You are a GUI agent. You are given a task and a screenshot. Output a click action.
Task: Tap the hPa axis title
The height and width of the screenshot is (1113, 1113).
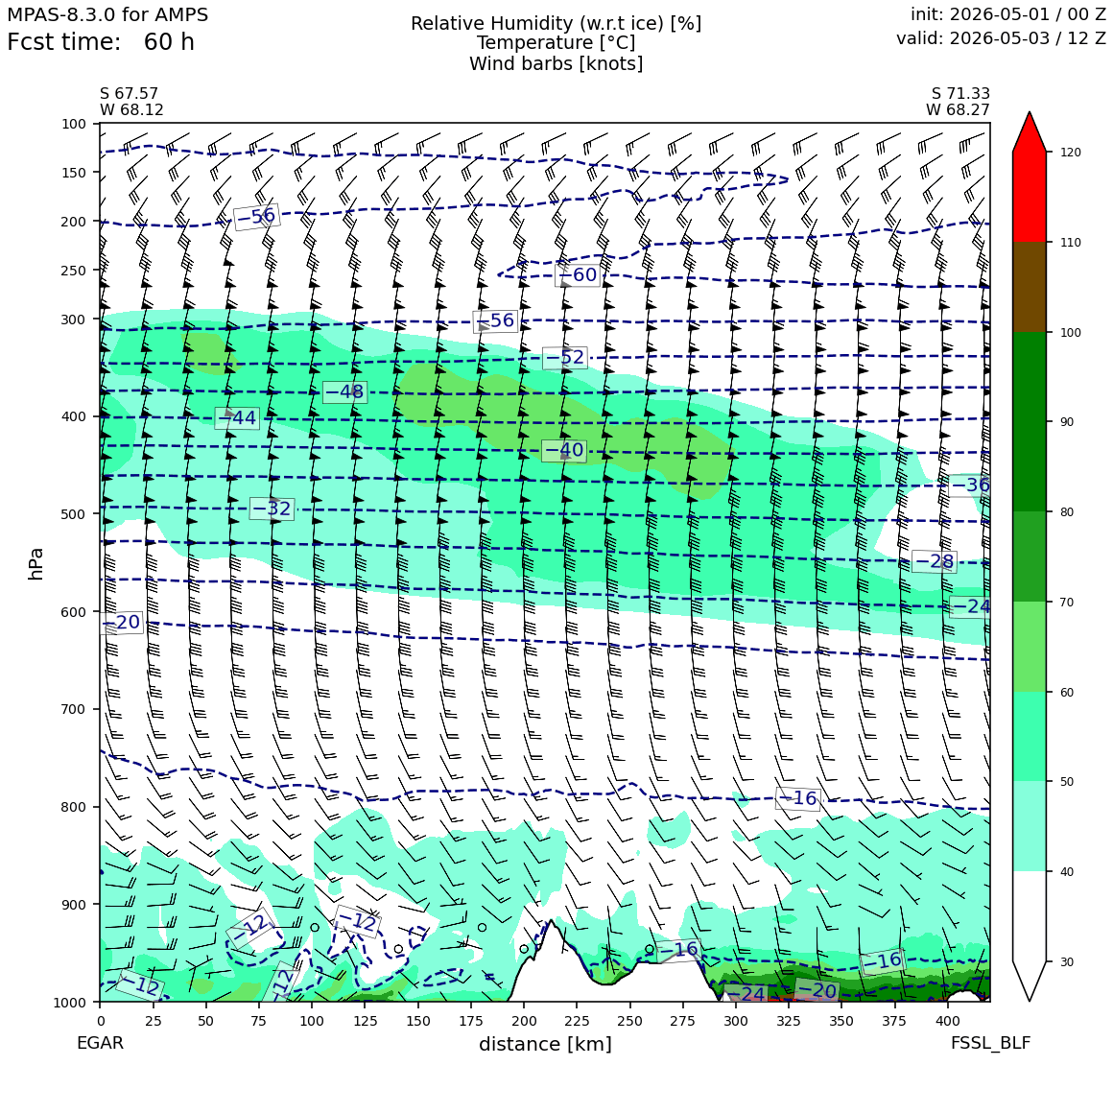pos(36,563)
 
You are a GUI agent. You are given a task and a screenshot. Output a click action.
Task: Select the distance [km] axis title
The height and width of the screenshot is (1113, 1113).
pos(545,1044)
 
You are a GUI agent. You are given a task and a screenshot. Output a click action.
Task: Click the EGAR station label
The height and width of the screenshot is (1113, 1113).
pos(100,1043)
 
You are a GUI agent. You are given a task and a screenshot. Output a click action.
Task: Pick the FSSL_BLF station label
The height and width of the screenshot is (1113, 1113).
pos(990,1043)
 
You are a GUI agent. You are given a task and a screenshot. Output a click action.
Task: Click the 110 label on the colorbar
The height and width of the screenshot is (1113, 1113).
pos(1071,243)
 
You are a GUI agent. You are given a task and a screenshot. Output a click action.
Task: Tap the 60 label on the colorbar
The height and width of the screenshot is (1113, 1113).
pos(1067,692)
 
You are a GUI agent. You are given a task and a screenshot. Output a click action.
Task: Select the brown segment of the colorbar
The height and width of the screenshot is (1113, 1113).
pos(1030,287)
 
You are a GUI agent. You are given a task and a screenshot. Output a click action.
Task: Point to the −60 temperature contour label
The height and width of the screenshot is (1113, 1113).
pos(579,274)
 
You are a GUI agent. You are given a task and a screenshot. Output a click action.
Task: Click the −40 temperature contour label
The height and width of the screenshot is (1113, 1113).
pos(564,450)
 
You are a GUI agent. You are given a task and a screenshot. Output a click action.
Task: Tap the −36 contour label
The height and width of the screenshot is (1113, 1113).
pos(970,485)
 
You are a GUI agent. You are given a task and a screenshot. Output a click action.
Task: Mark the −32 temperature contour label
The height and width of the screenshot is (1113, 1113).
pos(272,509)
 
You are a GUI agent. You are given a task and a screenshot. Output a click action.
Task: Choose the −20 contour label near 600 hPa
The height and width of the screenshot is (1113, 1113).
pos(122,623)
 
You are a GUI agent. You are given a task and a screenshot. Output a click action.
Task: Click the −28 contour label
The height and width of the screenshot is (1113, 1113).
pos(935,561)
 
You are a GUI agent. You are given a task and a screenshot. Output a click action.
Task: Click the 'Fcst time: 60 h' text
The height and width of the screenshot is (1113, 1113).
pos(100,42)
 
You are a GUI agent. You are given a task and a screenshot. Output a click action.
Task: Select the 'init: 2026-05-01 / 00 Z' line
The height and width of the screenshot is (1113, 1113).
pos(1008,14)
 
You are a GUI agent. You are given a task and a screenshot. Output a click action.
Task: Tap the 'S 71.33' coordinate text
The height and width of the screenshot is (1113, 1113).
pos(960,94)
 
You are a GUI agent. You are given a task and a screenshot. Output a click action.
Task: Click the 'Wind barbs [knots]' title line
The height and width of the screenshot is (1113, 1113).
pos(556,64)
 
